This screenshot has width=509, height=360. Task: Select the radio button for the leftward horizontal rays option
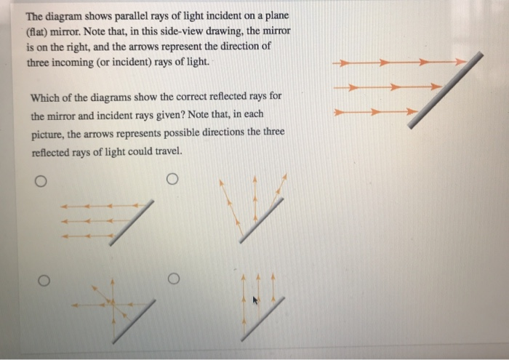pyautogui.click(x=43, y=182)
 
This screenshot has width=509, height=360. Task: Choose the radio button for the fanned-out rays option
pyautogui.click(x=172, y=179)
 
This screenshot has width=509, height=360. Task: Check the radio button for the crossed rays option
pyautogui.click(x=43, y=279)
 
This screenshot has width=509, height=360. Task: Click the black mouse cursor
pyautogui.click(x=255, y=300)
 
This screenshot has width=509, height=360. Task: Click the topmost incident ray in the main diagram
pyautogui.click(x=396, y=63)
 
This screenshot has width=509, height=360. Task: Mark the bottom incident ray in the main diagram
pyautogui.click(x=374, y=113)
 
